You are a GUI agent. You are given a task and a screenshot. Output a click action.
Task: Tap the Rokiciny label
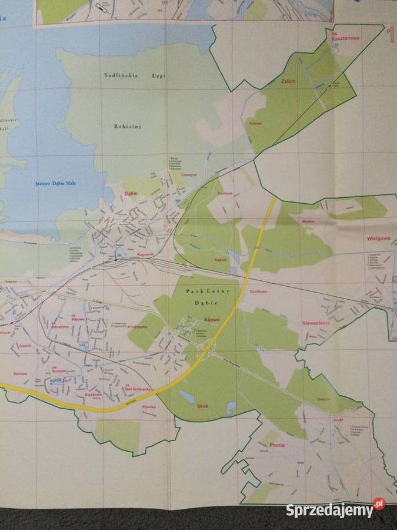(128, 126)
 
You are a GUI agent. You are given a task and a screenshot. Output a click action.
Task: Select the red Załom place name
(288, 81)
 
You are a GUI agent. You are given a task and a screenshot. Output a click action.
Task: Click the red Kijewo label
(211, 319)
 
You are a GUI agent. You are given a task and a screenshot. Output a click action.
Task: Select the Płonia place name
(276, 445)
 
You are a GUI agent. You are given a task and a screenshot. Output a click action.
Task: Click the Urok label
(203, 406)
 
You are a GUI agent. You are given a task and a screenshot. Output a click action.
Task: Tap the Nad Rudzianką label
(139, 389)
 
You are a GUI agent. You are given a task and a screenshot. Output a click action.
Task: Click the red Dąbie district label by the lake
(130, 193)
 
